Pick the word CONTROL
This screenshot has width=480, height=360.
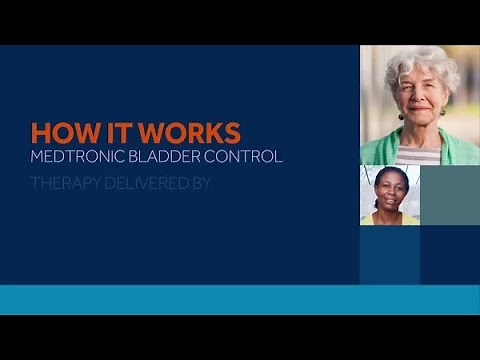tap(249, 157)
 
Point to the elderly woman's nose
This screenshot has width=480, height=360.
tap(421, 101)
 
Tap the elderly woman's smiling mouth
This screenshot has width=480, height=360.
tap(421, 116)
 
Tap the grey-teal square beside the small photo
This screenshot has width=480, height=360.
tap(449, 195)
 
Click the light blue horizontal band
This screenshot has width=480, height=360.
tap(240, 299)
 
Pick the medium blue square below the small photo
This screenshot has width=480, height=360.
tap(389, 254)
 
